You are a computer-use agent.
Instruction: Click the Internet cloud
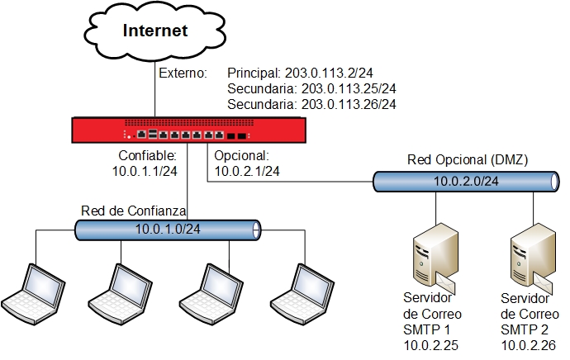pyautogui.click(x=155, y=32)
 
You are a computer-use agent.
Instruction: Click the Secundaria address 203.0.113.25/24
pyautogui.click(x=311, y=89)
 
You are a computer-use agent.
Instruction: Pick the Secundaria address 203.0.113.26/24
pyautogui.click(x=311, y=105)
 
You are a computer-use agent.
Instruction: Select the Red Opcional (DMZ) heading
pyautogui.click(x=468, y=159)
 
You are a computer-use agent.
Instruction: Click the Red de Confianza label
pyautogui.click(x=133, y=210)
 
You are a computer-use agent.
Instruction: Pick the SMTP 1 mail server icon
pyautogui.click(x=432, y=251)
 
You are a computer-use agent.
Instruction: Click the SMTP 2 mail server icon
pyautogui.click(x=529, y=251)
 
